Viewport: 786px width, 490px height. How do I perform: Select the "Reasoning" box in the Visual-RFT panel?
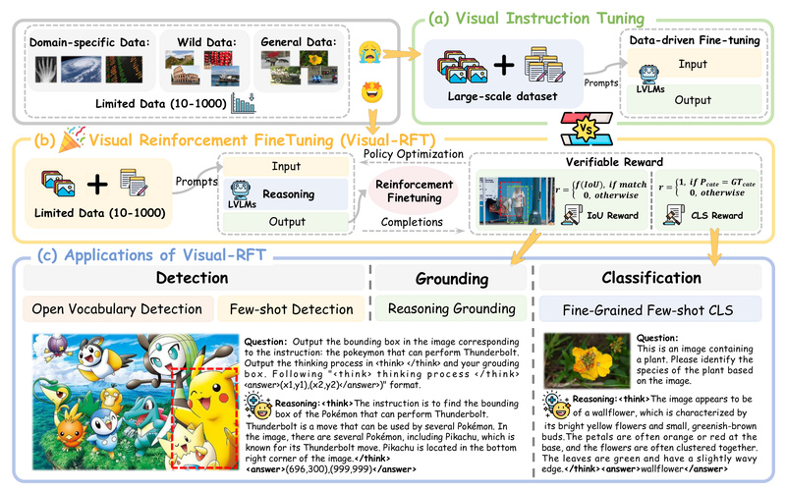(x=288, y=194)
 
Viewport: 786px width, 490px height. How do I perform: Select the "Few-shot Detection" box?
(x=291, y=310)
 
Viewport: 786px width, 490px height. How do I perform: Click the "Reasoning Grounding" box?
(x=451, y=310)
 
